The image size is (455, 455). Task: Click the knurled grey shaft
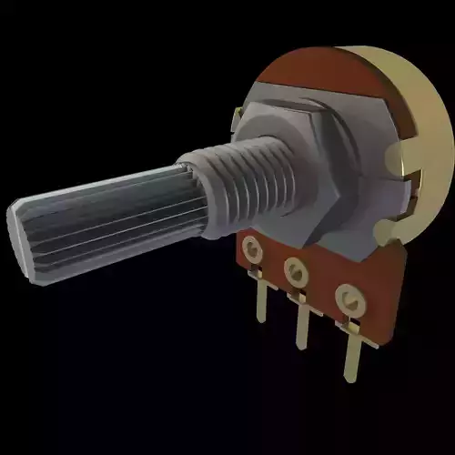click(109, 214)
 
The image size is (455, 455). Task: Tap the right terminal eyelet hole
click(345, 296)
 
